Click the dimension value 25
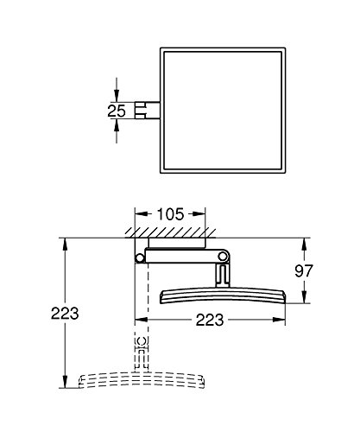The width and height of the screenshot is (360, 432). [x=117, y=111]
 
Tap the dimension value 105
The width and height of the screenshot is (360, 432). [x=170, y=214]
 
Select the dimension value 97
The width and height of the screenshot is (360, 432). [x=304, y=270]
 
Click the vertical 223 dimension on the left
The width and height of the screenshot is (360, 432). [x=65, y=313]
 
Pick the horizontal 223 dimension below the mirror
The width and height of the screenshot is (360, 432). [x=210, y=320]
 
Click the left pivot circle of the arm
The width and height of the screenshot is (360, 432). [x=140, y=258]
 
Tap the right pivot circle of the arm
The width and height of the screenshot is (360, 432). [x=223, y=256]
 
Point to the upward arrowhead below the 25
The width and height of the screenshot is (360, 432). [x=117, y=125]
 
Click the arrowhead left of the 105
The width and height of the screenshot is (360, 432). [x=142, y=214]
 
